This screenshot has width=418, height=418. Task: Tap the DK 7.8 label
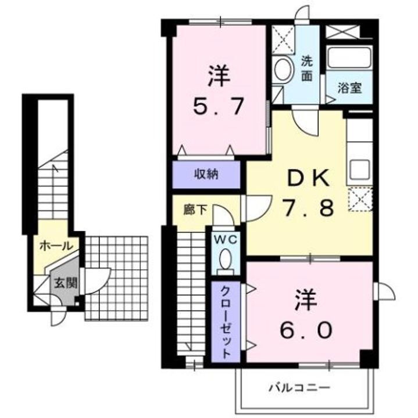[x=309, y=192]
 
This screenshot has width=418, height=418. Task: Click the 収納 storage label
[x=206, y=174]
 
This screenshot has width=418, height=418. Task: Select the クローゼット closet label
[x=225, y=322]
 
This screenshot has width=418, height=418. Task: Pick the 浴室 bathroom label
[x=350, y=88]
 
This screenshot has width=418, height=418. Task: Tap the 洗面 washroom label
[x=307, y=67]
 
